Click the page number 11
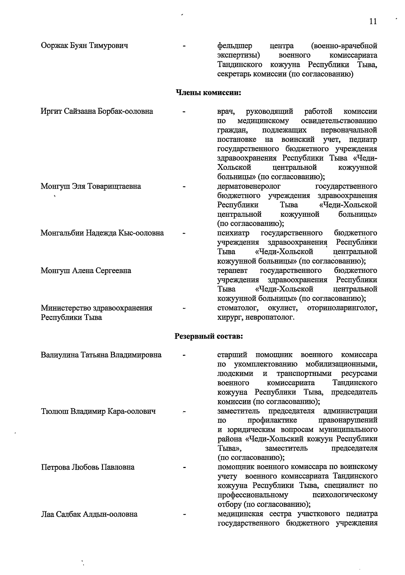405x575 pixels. click(x=373, y=22)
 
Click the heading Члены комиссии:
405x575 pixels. click(x=208, y=92)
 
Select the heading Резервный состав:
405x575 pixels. click(x=208, y=336)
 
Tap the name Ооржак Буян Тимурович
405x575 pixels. click(x=84, y=46)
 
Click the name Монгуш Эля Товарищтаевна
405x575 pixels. click(x=91, y=186)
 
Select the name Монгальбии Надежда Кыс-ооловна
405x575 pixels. click(x=102, y=233)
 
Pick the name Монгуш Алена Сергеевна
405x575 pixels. click(x=86, y=271)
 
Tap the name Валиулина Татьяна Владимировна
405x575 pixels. click(x=101, y=355)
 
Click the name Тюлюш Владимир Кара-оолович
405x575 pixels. click(x=98, y=411)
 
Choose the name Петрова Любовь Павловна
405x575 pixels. click(x=88, y=467)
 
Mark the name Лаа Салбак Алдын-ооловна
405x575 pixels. click(x=89, y=515)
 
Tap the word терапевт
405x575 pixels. click(x=232, y=271)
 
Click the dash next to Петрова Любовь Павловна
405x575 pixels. click(x=184, y=468)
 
